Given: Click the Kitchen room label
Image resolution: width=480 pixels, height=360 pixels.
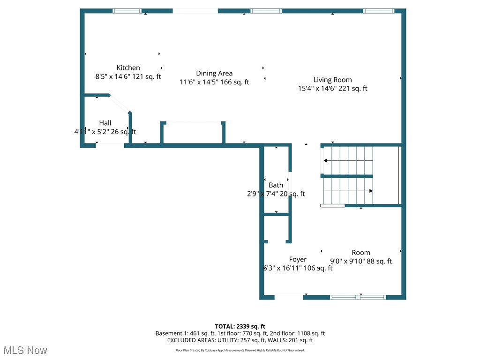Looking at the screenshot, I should click(128, 67).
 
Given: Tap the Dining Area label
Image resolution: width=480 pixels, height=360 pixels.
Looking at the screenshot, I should click(214, 73).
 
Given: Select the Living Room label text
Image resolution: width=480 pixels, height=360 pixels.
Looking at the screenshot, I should click(332, 80).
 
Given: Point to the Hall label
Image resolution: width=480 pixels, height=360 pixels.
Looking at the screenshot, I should click(105, 123).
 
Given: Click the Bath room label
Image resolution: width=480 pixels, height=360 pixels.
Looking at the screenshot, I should click(276, 185).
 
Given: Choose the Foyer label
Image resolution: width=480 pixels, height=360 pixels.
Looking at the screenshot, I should click(298, 259).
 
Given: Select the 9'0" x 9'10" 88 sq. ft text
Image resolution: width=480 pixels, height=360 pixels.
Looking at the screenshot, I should click(361, 262).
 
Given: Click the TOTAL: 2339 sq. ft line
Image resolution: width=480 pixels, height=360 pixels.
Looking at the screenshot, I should click(240, 326).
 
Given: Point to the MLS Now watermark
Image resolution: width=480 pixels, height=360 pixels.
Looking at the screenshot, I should click(25, 350).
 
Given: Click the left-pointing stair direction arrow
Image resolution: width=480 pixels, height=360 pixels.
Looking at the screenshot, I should click(325, 161).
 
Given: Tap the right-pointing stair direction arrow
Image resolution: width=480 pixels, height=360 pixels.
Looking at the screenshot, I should click(370, 191).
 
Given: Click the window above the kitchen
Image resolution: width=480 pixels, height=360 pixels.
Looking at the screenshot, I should click(127, 11).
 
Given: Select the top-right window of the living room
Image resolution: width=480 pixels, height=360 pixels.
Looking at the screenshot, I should click(379, 11).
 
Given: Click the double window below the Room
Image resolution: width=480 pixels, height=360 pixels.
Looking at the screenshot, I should click(358, 297).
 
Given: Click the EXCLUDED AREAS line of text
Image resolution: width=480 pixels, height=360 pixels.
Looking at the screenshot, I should click(240, 340).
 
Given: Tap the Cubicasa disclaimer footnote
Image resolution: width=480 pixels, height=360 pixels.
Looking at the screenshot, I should click(240, 350).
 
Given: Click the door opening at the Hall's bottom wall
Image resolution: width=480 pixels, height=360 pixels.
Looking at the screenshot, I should click(110, 146).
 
